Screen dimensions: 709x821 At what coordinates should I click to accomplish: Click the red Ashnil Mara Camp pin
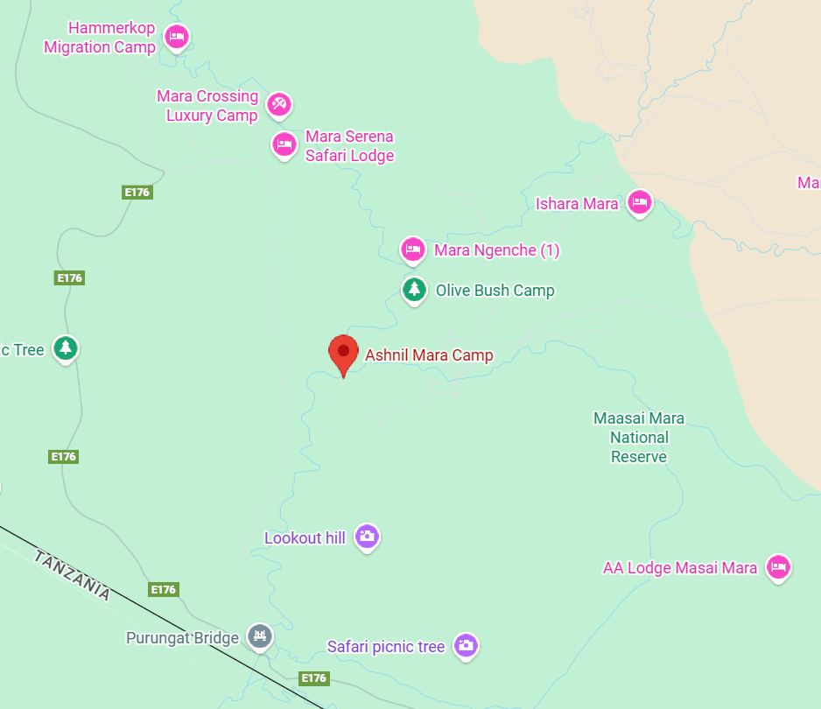coord(343,352)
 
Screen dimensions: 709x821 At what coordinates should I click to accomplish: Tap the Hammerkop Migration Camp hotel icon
coord(177,37)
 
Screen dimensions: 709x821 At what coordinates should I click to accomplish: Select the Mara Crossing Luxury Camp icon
coord(279,105)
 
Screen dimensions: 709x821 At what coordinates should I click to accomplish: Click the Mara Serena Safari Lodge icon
coord(284,144)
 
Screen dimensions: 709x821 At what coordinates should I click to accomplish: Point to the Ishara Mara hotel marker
coord(640,203)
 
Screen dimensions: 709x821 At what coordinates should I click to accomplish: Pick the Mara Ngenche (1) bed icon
coord(413,249)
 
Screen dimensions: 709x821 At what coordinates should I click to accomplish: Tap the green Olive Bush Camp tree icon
coord(414,289)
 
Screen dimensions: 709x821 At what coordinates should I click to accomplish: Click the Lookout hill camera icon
coord(367,537)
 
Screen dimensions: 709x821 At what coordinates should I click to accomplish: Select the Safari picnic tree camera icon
coord(466,646)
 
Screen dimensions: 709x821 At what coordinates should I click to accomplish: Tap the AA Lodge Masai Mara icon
coord(777,567)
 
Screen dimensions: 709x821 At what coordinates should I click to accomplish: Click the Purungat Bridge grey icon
coord(259,636)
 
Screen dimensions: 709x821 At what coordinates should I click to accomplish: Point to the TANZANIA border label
coord(73,575)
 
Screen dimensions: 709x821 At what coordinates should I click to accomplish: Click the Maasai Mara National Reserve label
coord(639,438)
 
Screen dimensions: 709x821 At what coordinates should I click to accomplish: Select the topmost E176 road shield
coord(137,193)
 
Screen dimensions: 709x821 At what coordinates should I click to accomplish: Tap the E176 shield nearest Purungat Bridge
coord(163,589)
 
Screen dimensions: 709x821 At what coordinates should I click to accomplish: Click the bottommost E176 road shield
coord(313,678)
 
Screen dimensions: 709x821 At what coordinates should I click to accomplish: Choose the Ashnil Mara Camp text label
coord(429,355)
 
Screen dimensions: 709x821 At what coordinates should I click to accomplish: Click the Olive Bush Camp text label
coord(495,291)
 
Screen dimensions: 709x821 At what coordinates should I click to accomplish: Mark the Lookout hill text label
coord(305,538)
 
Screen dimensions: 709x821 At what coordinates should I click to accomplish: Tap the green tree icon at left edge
coord(65,348)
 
